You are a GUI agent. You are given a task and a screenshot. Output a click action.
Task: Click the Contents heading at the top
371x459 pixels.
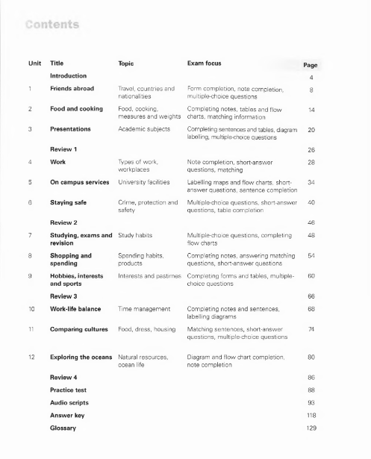pyautogui.click(x=52, y=25)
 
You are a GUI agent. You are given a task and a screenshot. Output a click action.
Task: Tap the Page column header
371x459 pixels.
pyautogui.click(x=311, y=65)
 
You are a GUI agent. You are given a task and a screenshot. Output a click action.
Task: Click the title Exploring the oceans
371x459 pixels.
pyautogui.click(x=81, y=357)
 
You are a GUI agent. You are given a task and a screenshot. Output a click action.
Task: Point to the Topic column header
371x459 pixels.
pyautogui.click(x=126, y=64)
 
